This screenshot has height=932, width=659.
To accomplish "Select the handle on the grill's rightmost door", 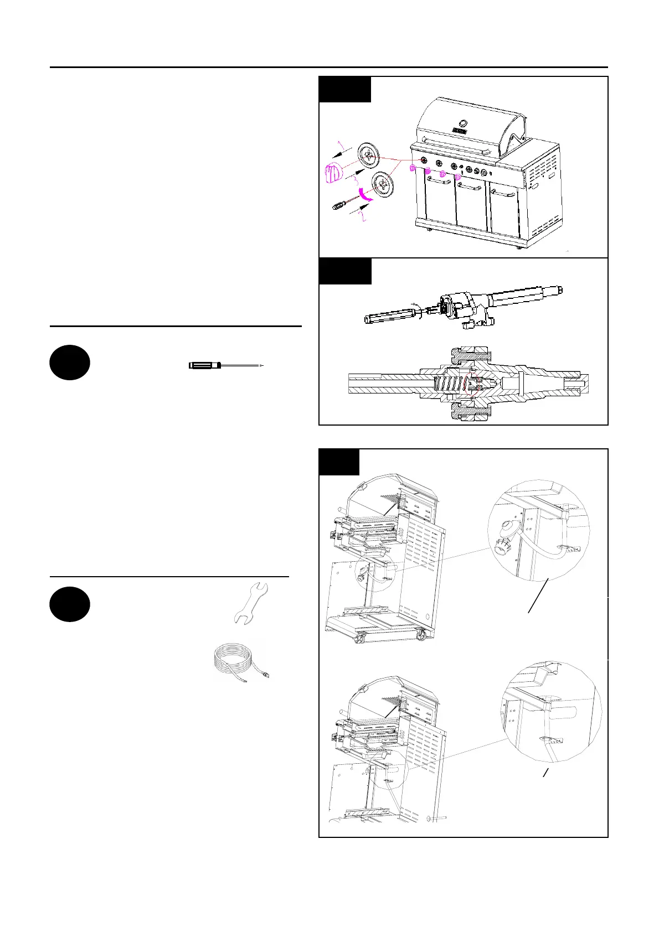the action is click(503, 194).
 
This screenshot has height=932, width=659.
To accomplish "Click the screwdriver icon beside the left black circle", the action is click(224, 365).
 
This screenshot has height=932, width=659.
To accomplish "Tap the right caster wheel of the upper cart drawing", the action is click(421, 636).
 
